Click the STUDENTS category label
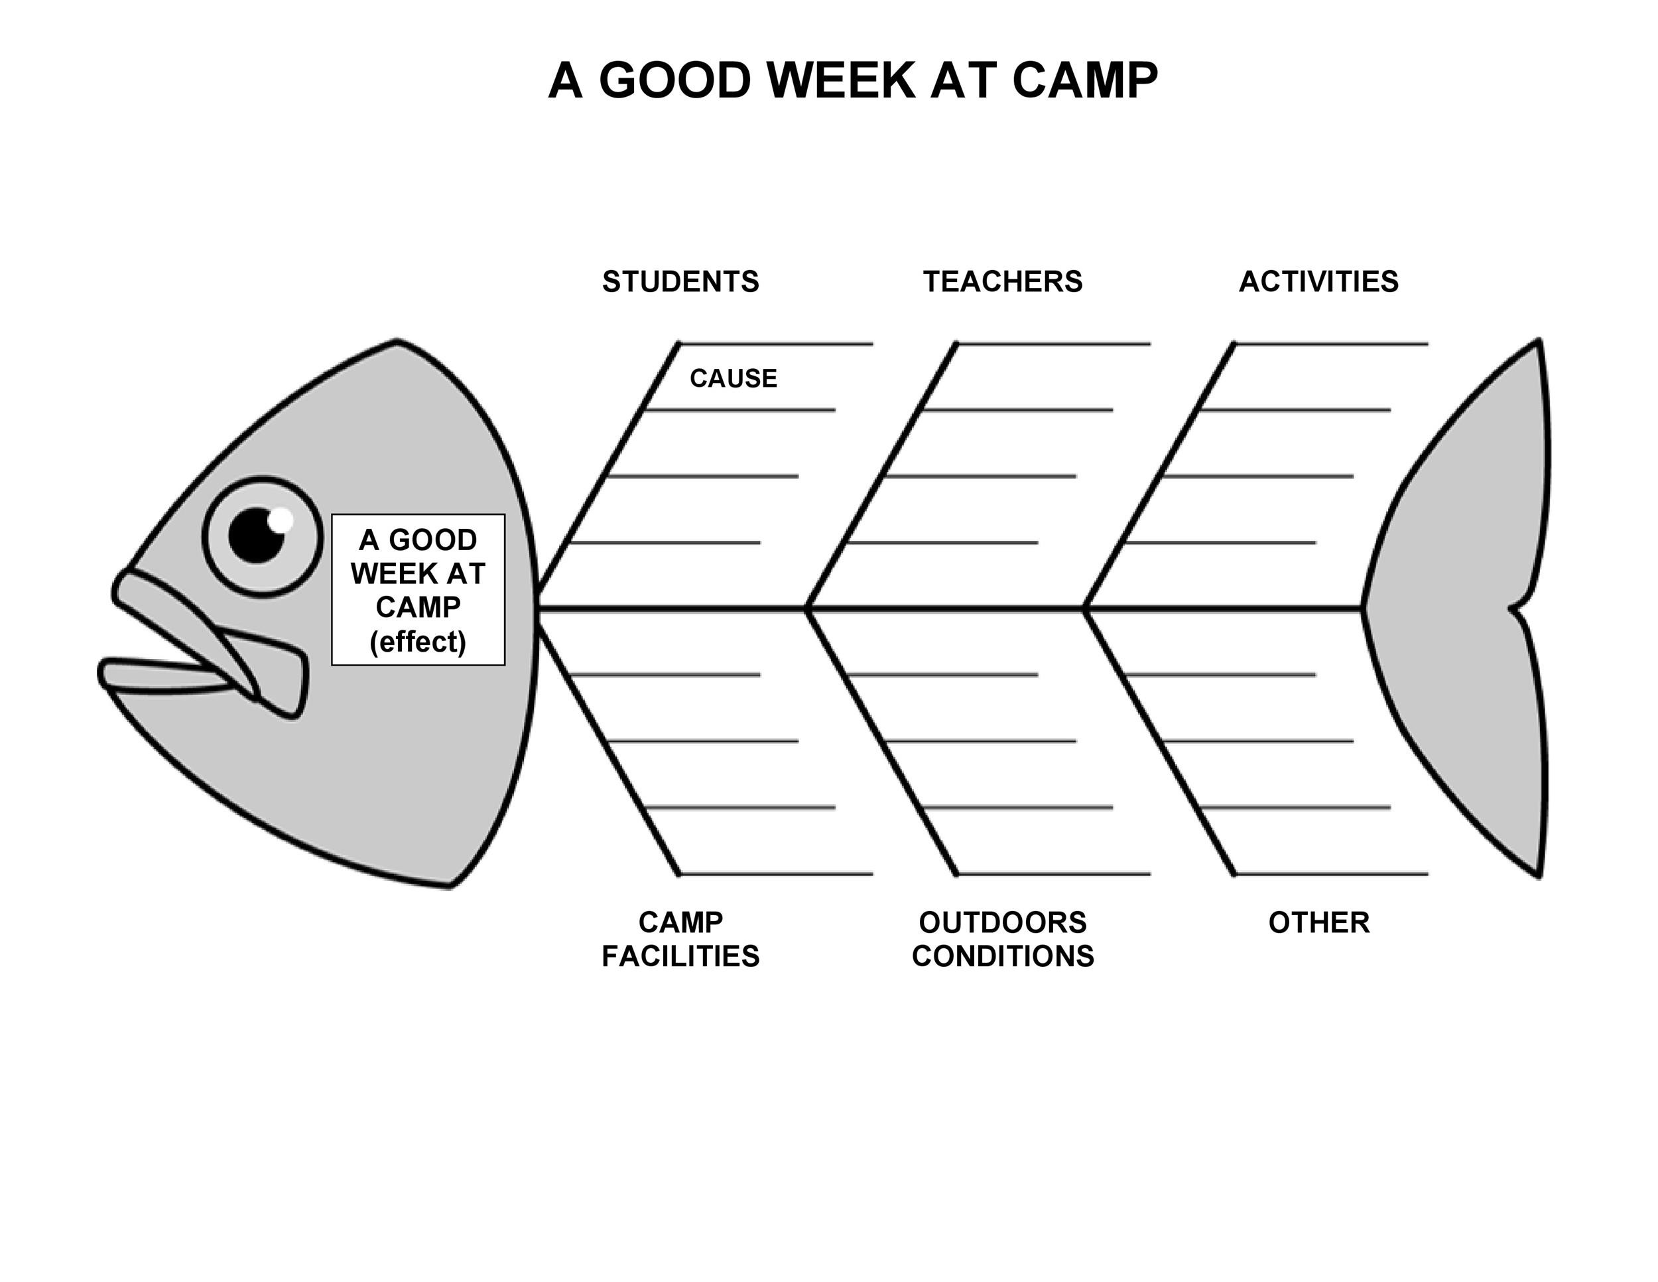click(x=680, y=282)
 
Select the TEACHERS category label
click(x=1002, y=282)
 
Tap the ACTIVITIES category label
click(x=1318, y=282)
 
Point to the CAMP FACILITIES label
click(x=680, y=940)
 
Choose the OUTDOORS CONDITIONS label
click(x=1003, y=940)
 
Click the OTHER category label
click(x=1319, y=923)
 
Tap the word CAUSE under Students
click(x=733, y=378)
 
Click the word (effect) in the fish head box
click(x=418, y=642)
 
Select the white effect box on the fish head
click(x=418, y=590)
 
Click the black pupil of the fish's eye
click(x=256, y=536)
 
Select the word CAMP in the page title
click(x=1085, y=80)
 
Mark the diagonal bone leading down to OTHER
click(x=1161, y=741)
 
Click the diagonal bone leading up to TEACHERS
click(x=882, y=475)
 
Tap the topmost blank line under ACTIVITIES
click(x=1332, y=344)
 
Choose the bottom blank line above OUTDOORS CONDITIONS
click(x=1054, y=874)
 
